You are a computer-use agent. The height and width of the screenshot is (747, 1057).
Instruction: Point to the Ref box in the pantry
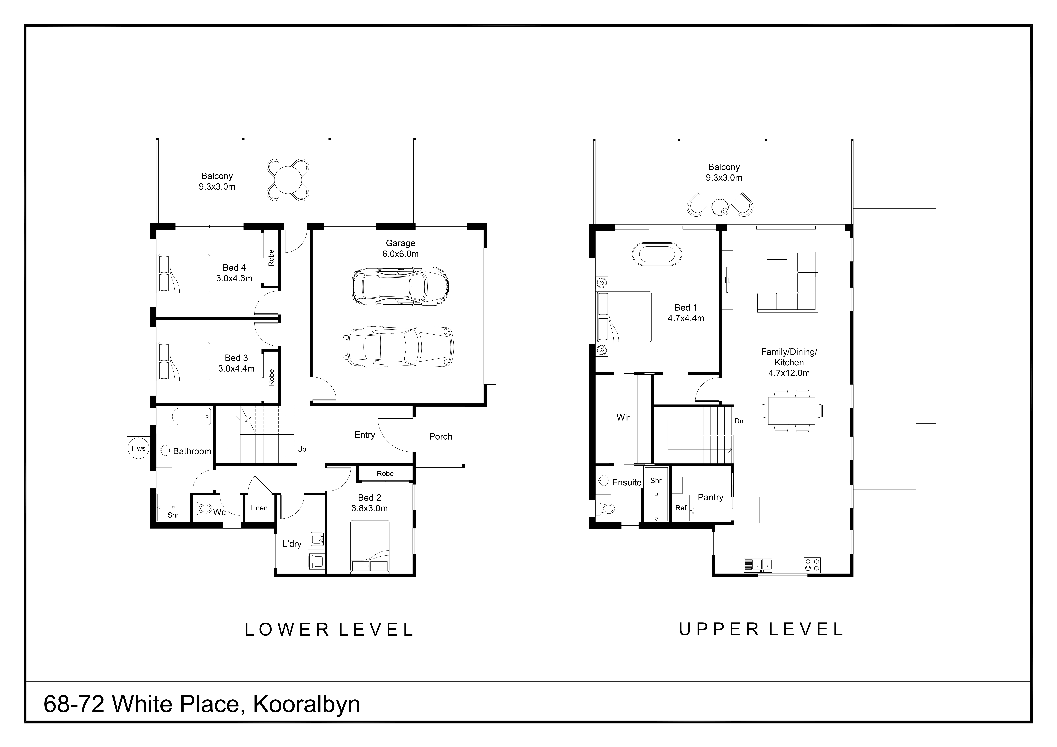pyautogui.click(x=681, y=508)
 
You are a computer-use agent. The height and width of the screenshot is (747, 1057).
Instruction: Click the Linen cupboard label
pyautogui.click(x=259, y=508)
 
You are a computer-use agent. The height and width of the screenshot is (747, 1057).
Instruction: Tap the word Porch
pyautogui.click(x=441, y=436)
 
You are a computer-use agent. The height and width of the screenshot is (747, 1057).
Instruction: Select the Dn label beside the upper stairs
pyautogui.click(x=739, y=421)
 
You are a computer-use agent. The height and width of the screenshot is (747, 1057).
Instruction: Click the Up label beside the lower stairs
pyautogui.click(x=302, y=449)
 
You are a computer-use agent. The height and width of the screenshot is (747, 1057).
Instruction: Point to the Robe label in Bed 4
pyautogui.click(x=271, y=258)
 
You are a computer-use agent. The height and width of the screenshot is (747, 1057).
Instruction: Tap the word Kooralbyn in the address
pyautogui.click(x=307, y=704)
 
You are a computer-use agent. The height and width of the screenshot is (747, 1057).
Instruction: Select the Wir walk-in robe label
pyautogui.click(x=623, y=417)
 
